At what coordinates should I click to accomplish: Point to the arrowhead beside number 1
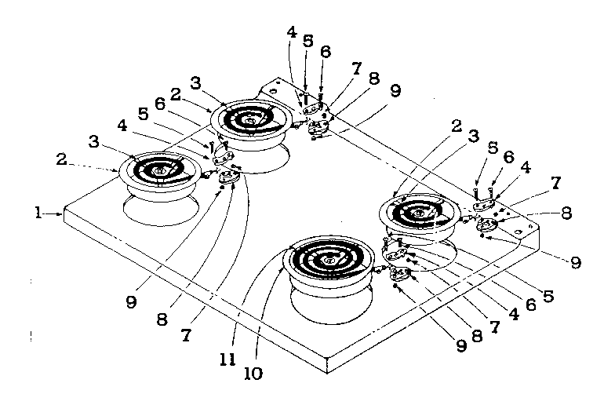[61, 212]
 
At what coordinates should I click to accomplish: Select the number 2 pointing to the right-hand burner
[455, 126]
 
